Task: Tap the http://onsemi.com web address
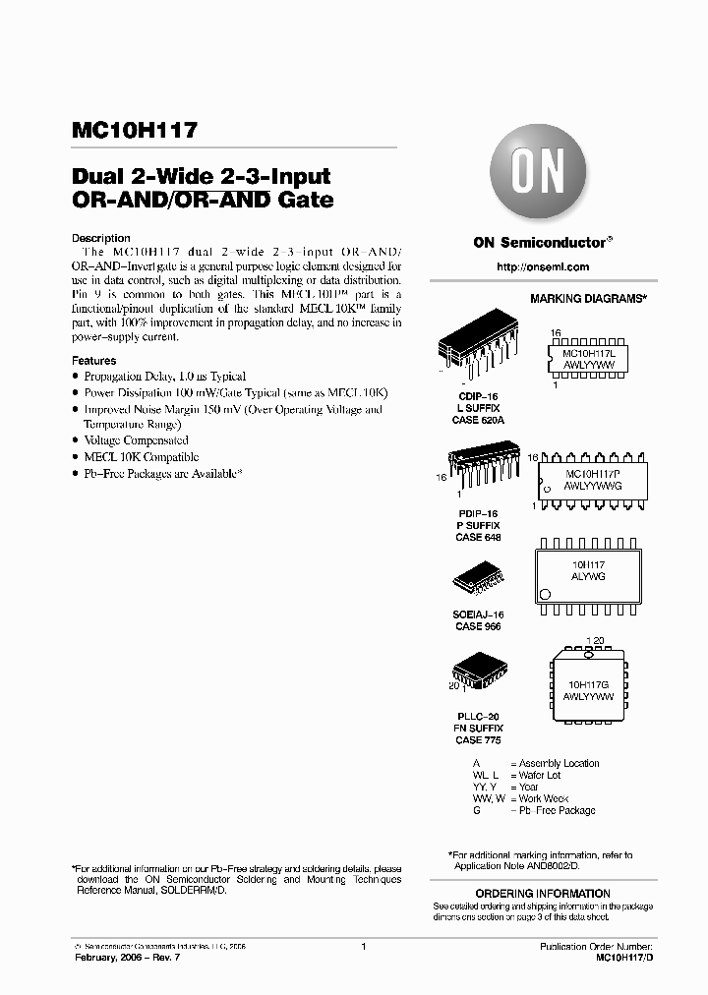(x=543, y=266)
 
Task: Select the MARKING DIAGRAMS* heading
(x=588, y=297)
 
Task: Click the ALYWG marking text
(x=588, y=577)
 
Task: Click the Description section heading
(x=101, y=238)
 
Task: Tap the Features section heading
(x=94, y=361)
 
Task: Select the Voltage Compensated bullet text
(x=136, y=440)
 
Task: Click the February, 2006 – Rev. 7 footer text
(x=127, y=957)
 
